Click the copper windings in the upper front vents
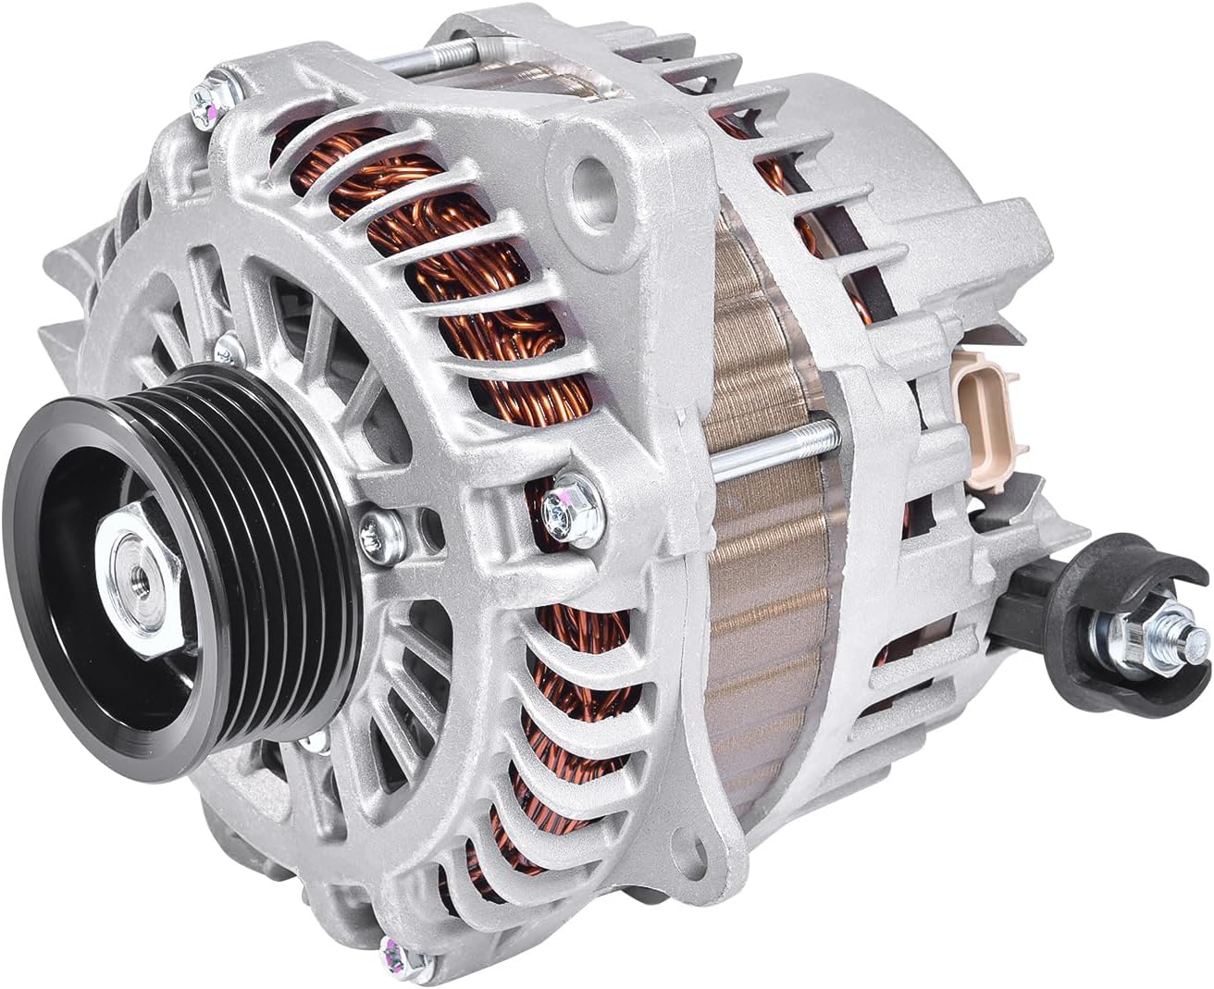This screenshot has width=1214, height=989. pyautogui.click(x=426, y=305)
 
